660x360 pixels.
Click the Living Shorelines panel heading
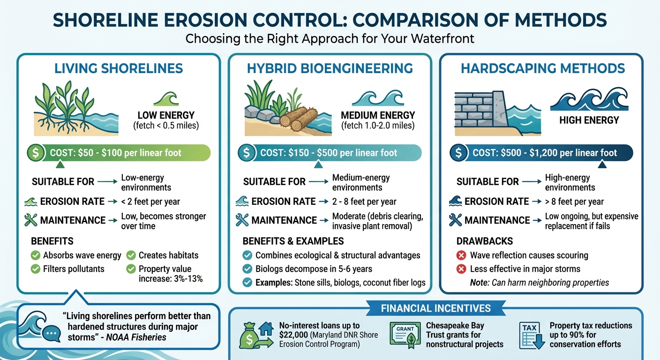coord(118,68)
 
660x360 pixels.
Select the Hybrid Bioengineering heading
coord(330,68)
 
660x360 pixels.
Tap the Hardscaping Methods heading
coord(543,68)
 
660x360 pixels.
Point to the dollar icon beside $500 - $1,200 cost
coord(459,153)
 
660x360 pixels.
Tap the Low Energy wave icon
coord(166,99)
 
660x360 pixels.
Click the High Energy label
coord(589,120)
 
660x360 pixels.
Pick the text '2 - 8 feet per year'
coord(364,202)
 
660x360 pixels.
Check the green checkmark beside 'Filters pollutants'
coord(35,269)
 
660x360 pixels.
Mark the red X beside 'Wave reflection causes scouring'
coord(461,255)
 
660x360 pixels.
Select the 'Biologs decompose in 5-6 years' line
coord(314,269)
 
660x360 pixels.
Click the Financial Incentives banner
coord(435,308)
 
